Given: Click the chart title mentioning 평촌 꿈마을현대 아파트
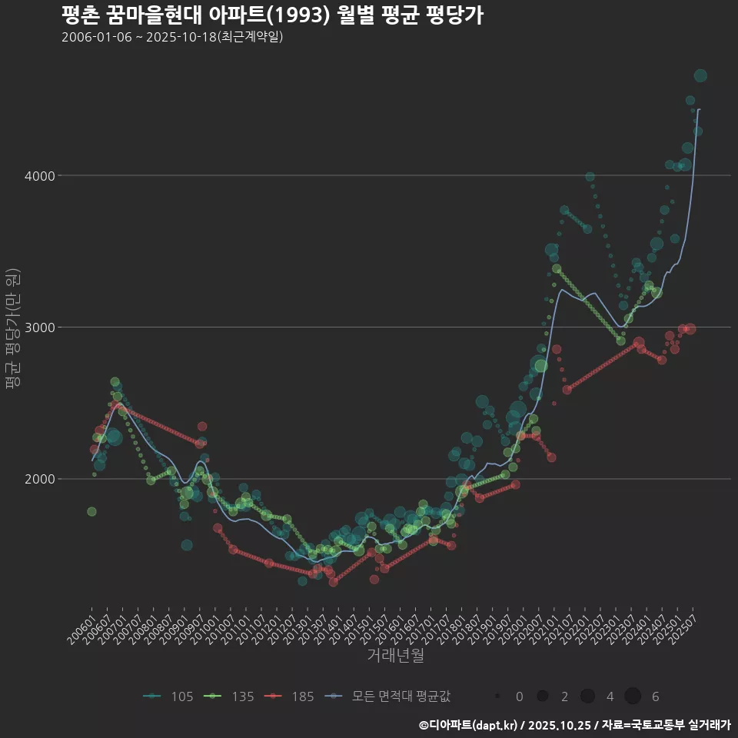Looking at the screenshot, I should coord(272,15).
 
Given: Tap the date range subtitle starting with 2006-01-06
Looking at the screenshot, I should coord(172,37).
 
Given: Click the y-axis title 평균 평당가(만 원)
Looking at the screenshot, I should coord(12,331).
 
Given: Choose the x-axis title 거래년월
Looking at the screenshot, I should coord(395,656).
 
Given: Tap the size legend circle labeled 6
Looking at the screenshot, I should coord(633,696).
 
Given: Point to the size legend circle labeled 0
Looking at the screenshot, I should coord(498,696).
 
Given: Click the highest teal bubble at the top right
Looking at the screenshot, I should coord(700,75).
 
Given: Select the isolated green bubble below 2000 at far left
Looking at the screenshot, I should coord(91,511).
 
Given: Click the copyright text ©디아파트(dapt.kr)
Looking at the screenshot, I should coord(469,725).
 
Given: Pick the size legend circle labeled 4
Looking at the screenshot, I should coord(587,696).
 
